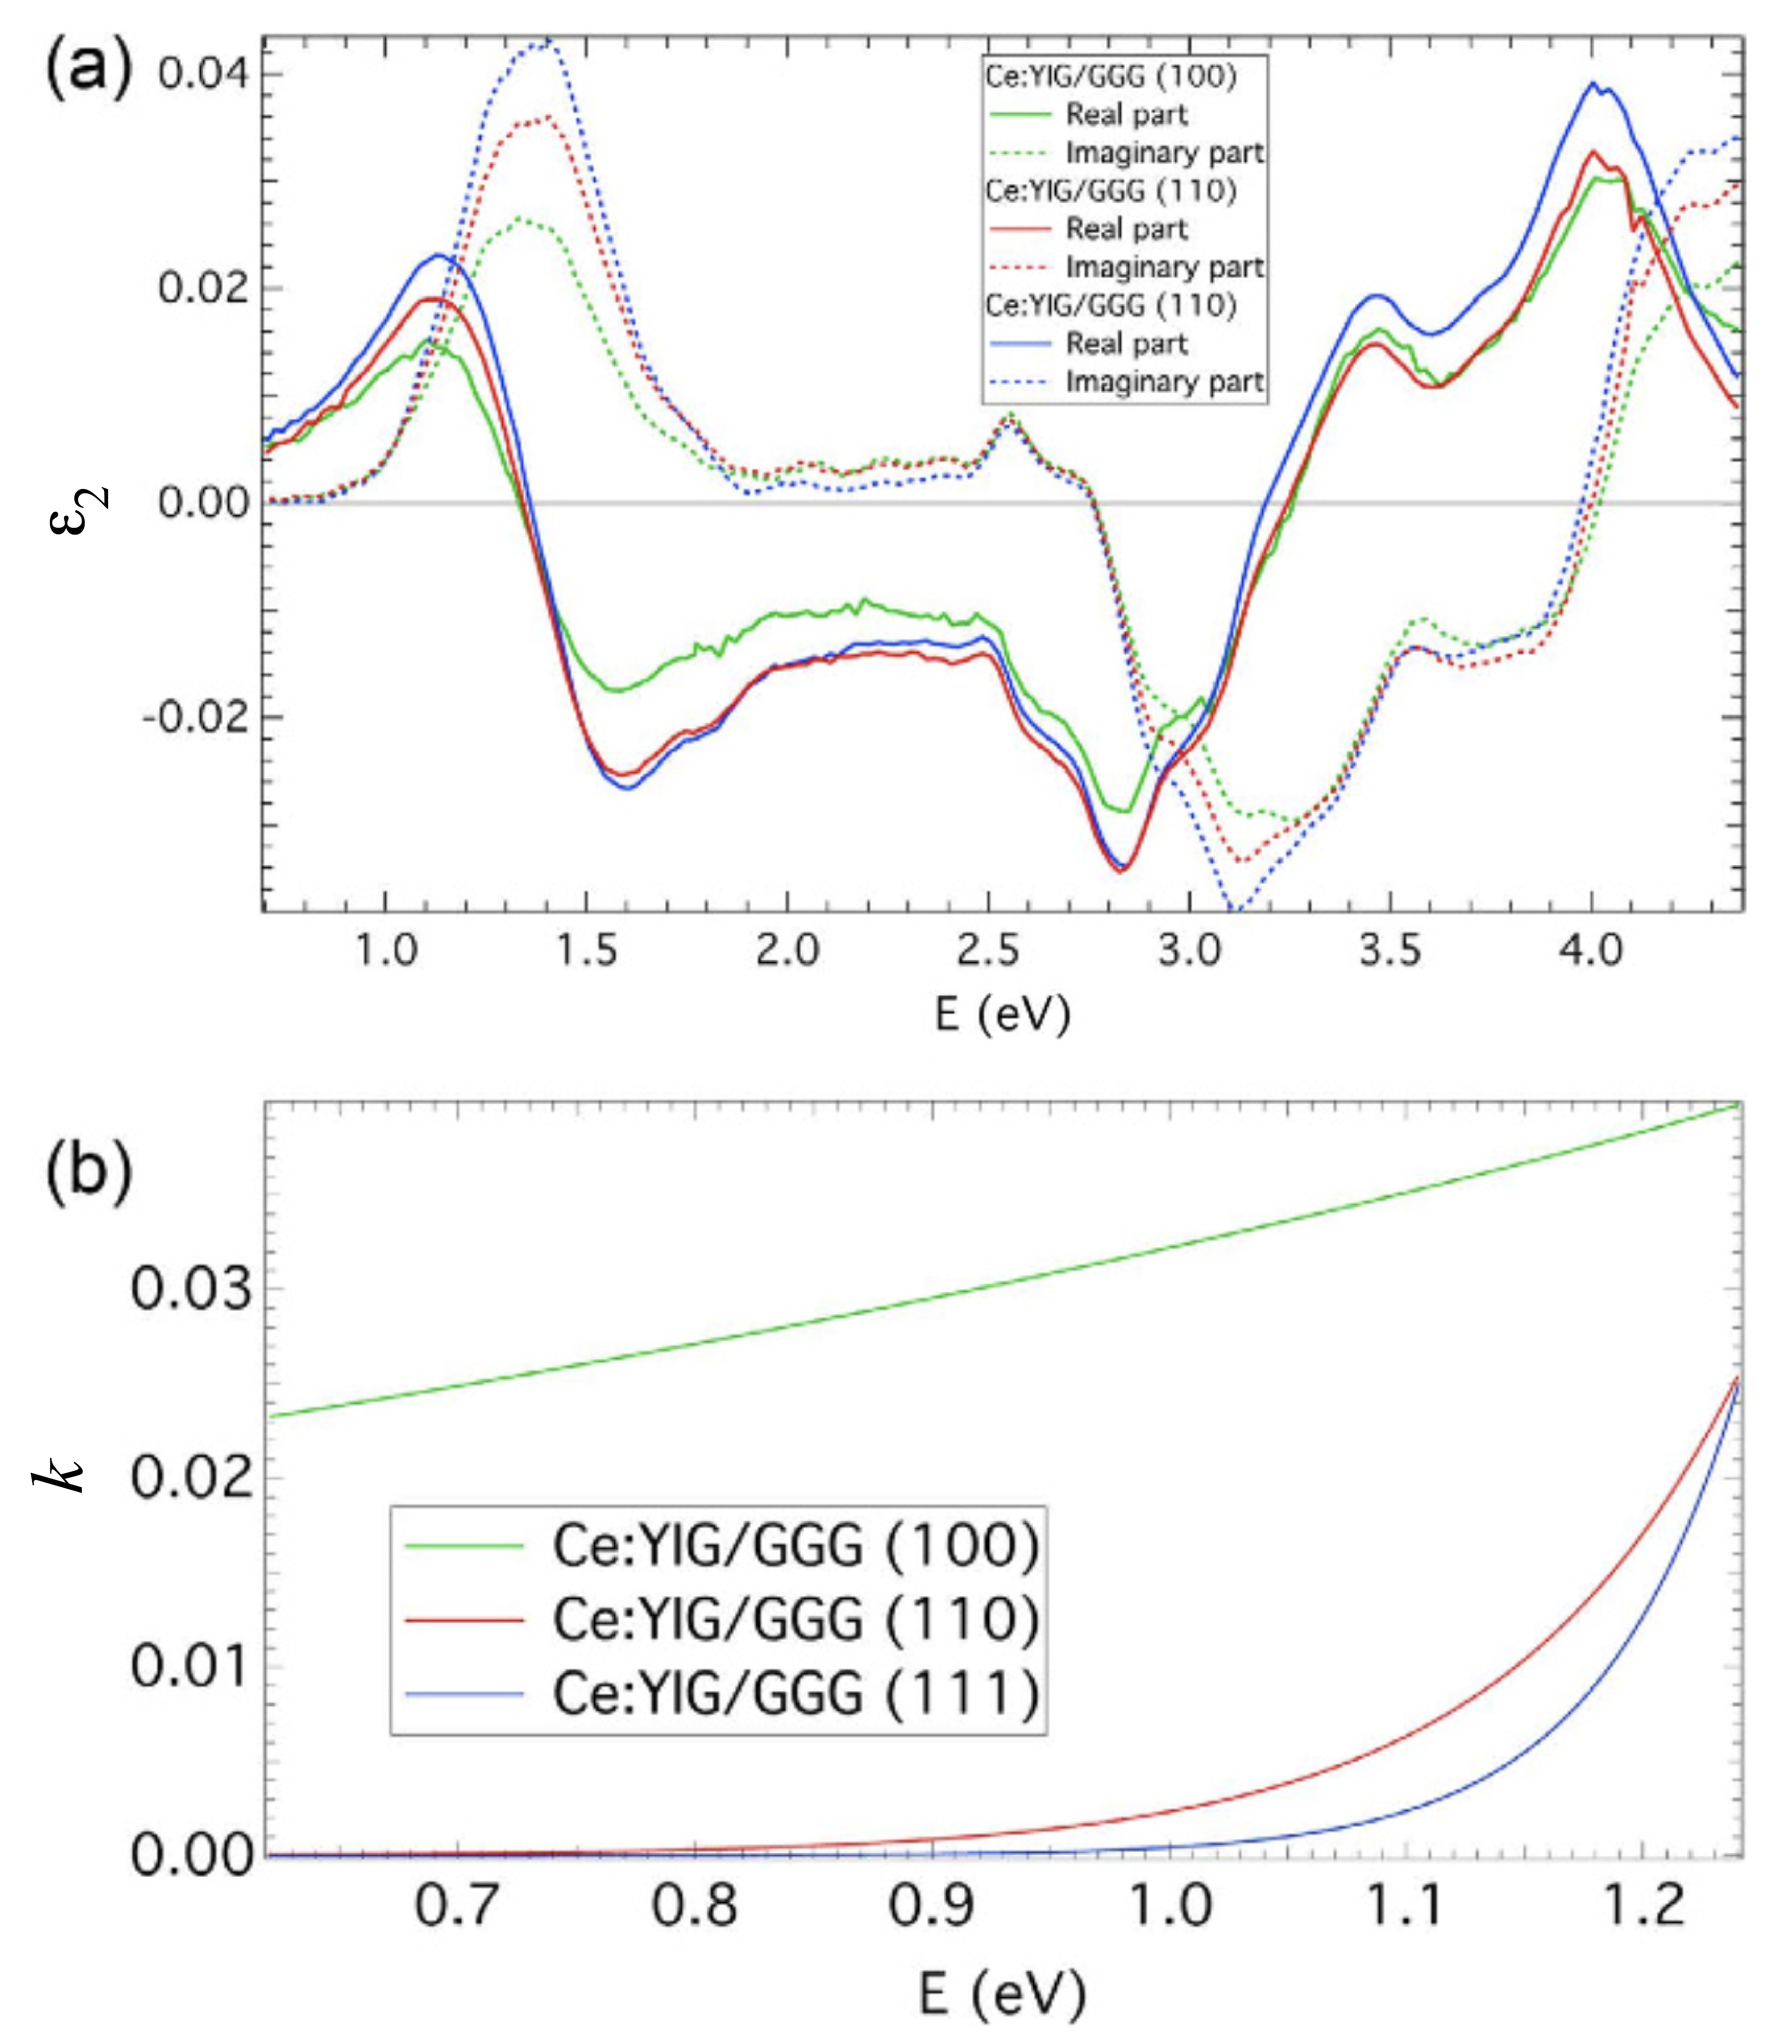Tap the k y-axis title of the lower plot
[x=60, y=1473]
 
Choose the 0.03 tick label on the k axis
[x=191, y=1290]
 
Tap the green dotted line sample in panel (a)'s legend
[x=1020, y=153]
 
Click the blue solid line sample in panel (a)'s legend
[x=1020, y=344]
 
